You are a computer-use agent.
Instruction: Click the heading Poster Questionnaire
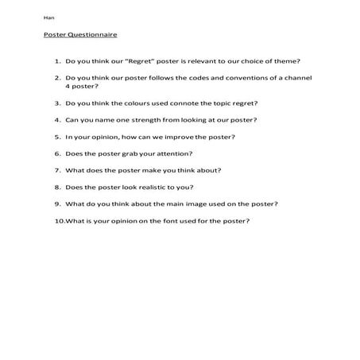point(80,35)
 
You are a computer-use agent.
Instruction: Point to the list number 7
point(58,170)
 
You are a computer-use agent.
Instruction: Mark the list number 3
point(58,103)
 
